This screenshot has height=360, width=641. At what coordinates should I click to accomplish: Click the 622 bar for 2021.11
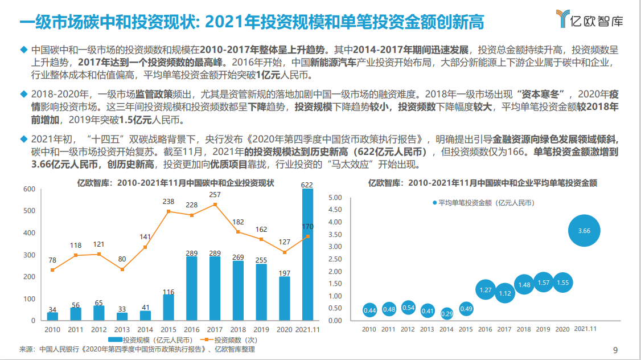click(307, 255)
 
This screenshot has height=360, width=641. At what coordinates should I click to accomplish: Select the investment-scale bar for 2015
click(168, 307)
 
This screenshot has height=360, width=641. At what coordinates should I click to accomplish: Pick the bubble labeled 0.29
click(447, 313)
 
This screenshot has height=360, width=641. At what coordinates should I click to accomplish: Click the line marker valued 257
click(215, 204)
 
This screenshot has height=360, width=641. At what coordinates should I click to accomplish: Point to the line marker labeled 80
click(122, 269)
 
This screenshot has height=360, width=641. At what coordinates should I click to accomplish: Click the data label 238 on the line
click(169, 201)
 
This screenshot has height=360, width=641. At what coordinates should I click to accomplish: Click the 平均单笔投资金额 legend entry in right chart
click(482, 202)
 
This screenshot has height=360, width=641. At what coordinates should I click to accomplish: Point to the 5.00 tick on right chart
click(335, 198)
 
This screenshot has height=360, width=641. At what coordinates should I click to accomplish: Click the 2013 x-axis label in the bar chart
click(122, 329)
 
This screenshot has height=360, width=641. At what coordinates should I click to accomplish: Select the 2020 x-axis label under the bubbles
click(561, 329)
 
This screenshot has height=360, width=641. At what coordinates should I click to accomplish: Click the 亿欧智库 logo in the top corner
click(589, 19)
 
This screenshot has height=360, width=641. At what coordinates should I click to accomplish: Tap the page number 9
click(615, 350)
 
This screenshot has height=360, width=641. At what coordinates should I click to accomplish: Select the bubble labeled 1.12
click(505, 293)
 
